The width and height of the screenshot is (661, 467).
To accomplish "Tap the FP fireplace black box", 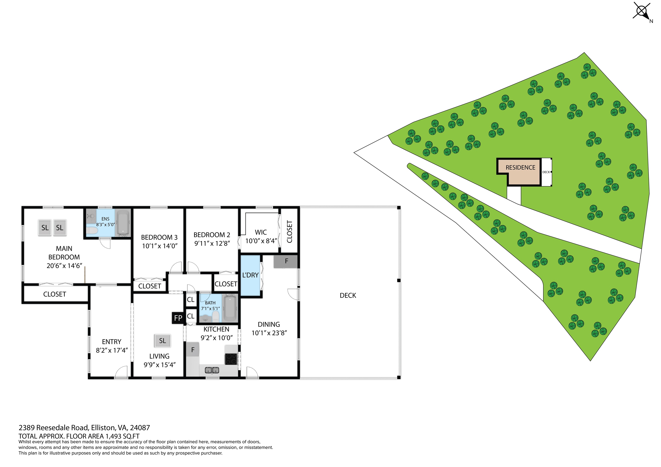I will tap(178, 318).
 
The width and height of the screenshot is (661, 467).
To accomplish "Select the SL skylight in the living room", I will tap(162, 341).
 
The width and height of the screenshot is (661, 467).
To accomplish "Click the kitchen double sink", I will tap(212, 370).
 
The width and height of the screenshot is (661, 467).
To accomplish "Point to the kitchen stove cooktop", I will tap(231, 359).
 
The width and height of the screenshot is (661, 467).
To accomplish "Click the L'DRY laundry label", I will tap(250, 275).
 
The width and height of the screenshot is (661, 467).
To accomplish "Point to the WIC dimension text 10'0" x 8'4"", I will tap(261, 241).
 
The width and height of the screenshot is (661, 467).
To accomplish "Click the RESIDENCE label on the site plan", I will tap(520, 167).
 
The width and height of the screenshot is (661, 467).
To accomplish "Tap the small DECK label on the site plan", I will tap(546, 172).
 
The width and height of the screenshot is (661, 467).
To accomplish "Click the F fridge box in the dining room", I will tap(286, 261).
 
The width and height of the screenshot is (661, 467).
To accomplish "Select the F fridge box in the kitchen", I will tap(193, 350).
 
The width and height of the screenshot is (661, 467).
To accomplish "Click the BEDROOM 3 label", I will tap(159, 237).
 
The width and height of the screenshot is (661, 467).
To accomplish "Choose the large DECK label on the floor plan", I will tap(348, 295).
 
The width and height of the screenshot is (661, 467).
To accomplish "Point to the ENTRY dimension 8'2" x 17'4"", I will tap(112, 350).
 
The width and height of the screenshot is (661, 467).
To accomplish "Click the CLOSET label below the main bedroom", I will tap(54, 294).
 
